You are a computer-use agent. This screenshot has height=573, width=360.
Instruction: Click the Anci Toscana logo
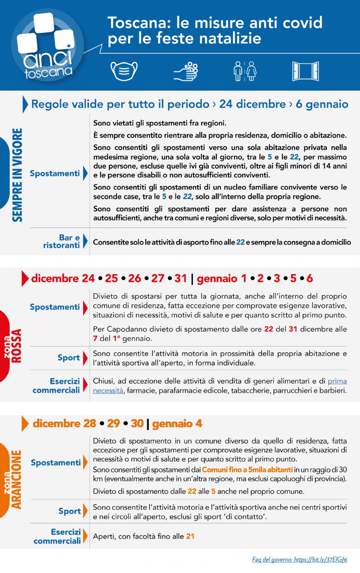point(47,45)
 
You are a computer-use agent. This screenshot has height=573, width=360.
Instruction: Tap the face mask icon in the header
point(124,71)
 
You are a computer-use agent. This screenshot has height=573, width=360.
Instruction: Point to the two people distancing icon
point(245,71)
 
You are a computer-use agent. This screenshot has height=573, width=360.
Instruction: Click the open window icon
point(305,71)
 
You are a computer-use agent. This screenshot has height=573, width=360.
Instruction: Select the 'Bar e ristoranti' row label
point(62,241)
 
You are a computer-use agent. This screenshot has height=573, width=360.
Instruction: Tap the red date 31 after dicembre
point(181,278)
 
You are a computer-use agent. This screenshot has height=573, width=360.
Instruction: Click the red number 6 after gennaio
point(309,278)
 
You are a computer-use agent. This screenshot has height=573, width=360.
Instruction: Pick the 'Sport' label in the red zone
point(68,357)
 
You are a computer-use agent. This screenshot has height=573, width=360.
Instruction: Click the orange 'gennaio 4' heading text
point(177,424)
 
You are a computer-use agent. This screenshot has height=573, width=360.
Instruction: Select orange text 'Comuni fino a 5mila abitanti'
point(247,470)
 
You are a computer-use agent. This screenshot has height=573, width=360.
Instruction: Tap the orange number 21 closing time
point(190,536)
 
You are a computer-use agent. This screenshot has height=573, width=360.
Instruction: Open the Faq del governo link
point(299,559)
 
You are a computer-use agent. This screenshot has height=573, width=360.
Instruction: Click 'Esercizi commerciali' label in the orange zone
point(58,536)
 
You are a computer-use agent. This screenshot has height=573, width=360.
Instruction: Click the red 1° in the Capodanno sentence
point(117,338)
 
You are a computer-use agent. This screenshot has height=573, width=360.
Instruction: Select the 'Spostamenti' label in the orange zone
point(56,462)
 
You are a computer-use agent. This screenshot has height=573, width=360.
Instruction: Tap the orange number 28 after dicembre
point(90,424)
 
